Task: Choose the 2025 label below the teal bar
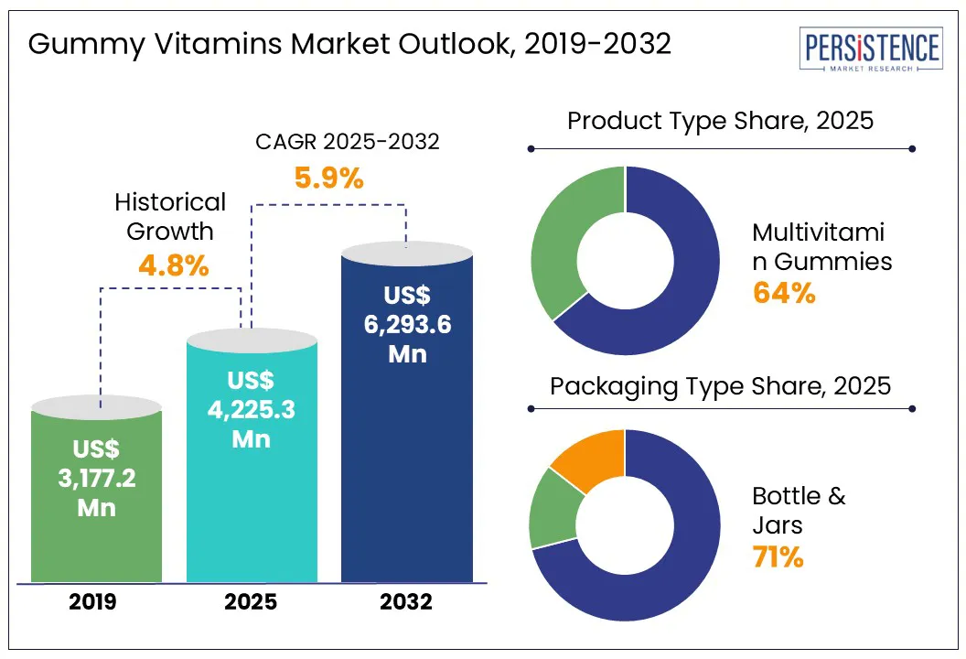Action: click(x=252, y=603)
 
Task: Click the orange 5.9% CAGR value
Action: click(x=329, y=178)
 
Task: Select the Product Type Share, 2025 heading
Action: click(x=721, y=121)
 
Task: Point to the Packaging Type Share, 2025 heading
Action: click(x=721, y=385)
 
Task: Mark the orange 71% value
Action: click(x=778, y=557)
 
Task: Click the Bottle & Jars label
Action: click(x=799, y=511)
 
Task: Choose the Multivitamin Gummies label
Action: click(x=821, y=246)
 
